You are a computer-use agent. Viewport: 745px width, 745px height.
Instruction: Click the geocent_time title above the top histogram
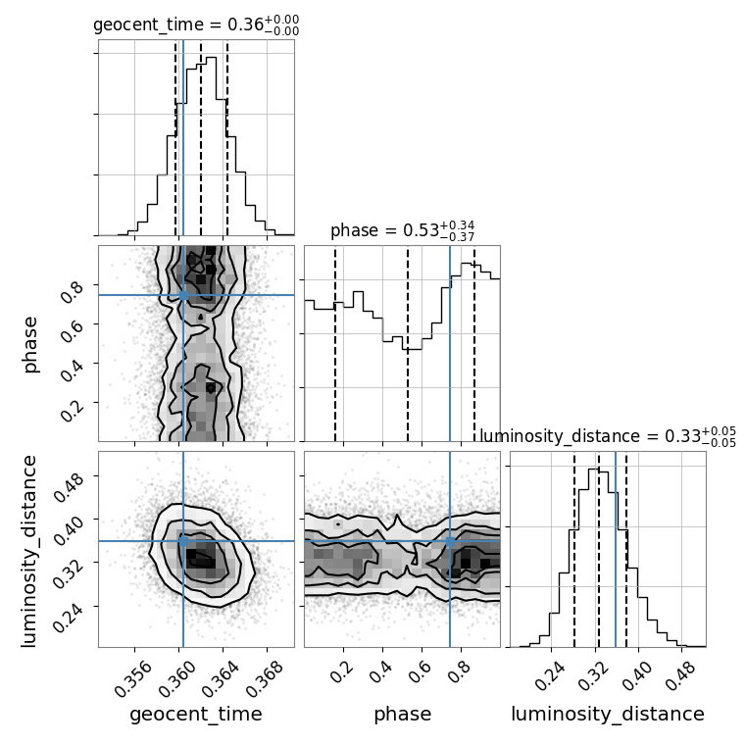tap(196, 25)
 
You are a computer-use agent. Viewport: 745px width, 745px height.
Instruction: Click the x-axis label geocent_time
tap(196, 715)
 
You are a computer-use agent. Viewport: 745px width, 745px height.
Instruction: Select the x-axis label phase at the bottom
tap(402, 715)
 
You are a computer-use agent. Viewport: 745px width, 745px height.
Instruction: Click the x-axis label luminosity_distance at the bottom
tap(608, 715)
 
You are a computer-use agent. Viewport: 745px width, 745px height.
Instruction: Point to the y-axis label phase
tap(31, 343)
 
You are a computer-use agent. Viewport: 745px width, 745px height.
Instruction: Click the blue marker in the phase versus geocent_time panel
tap(183, 295)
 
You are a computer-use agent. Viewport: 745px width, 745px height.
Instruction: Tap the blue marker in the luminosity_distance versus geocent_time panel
tap(183, 541)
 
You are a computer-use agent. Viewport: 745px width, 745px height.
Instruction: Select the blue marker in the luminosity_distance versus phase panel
tap(450, 541)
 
